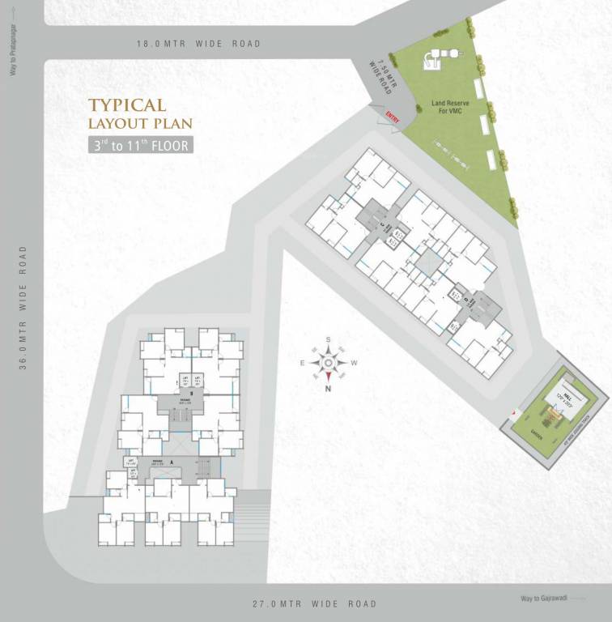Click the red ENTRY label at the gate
click(393, 118)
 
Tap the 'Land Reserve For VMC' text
click(449, 108)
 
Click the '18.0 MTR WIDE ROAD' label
click(198, 44)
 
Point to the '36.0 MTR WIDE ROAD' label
click(23, 308)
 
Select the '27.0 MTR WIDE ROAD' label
click(313, 604)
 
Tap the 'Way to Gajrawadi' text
click(544, 599)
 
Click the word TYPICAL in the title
click(127, 105)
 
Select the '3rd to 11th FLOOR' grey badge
click(141, 146)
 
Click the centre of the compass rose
click(328, 362)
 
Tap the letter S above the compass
click(328, 340)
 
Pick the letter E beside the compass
click(303, 363)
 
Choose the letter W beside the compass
click(355, 363)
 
